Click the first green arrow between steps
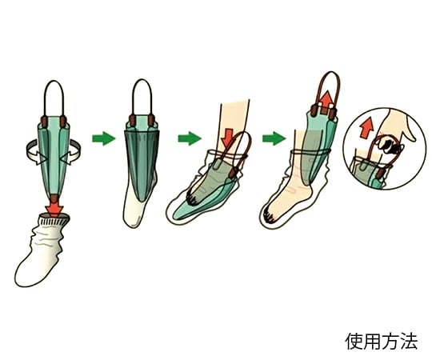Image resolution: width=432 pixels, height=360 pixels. (103, 138)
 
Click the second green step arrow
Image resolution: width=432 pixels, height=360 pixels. (190, 138)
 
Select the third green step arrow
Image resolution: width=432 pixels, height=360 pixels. (274, 138)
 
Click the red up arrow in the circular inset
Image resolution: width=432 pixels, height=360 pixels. (366, 128)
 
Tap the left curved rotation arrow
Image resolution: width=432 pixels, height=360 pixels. (37, 152)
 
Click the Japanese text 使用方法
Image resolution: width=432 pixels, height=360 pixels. (382, 342)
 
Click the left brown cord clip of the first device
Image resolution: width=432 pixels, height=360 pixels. (44, 122)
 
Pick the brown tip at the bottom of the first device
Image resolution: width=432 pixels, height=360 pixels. (54, 198)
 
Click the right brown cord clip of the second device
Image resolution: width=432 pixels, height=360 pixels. (151, 120)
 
